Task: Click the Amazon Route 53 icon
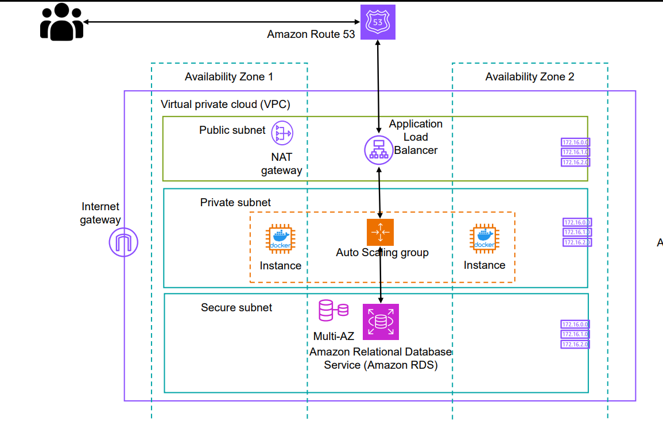pos(378,22)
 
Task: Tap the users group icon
pos(61,22)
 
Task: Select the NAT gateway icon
pos(282,134)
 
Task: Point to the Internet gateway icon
pos(124,243)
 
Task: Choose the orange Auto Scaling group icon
pos(380,232)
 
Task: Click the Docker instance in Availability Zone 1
pos(280,240)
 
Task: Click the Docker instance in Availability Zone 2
pos(484,240)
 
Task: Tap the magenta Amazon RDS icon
pos(380,322)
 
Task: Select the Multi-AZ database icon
pos(334,310)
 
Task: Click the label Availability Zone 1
pos(228,77)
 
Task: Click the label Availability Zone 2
pos(529,77)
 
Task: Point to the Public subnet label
pos(232,130)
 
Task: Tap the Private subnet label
pos(235,203)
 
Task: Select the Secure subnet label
pos(236,308)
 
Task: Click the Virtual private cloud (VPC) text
pos(226,105)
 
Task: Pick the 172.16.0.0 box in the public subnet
pos(575,142)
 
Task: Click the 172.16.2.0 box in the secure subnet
pos(575,344)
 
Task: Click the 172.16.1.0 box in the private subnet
pos(577,232)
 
